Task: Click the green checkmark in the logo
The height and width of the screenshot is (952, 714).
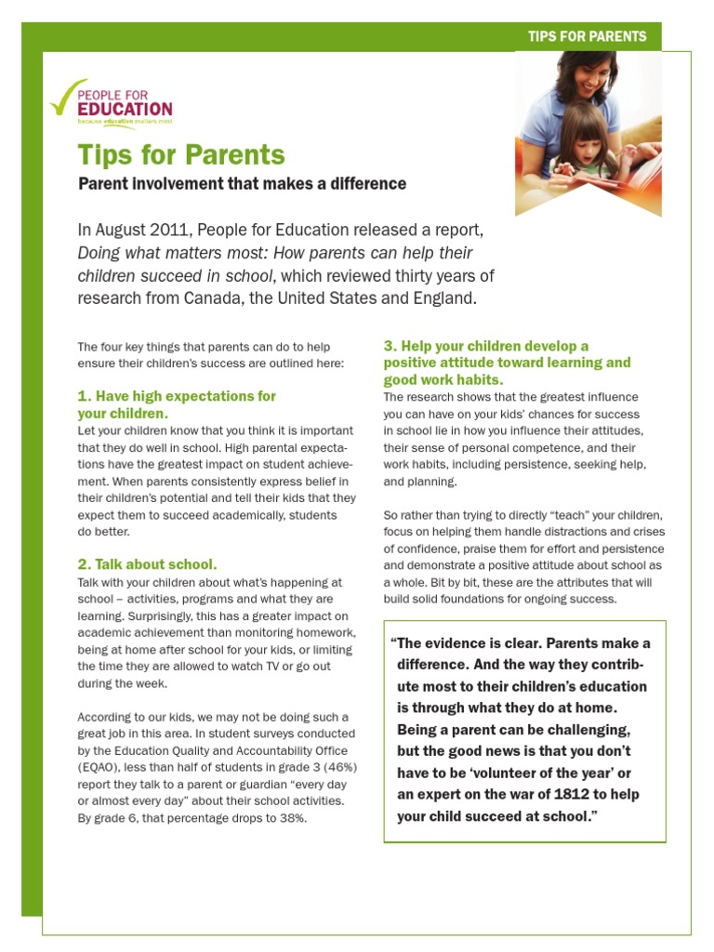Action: click(64, 97)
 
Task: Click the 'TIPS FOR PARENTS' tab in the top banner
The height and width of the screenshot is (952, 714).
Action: click(586, 36)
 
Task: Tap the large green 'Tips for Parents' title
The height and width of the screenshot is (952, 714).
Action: click(180, 154)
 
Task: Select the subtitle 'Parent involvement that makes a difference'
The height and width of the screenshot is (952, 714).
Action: click(242, 183)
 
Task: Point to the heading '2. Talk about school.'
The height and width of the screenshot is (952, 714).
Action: click(147, 564)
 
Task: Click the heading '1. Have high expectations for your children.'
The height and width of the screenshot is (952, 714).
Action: click(176, 404)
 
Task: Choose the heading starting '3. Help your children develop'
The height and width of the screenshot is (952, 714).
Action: click(507, 363)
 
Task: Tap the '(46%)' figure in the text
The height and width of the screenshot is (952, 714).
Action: click(337, 767)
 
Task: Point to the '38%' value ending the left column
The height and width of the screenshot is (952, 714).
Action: click(291, 818)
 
